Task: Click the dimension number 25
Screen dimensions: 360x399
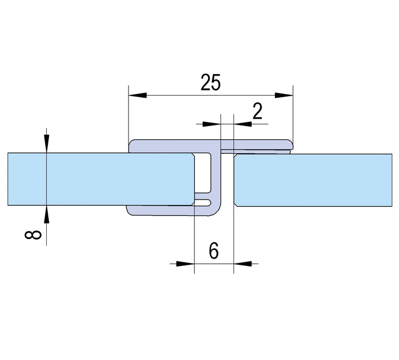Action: pyautogui.click(x=210, y=82)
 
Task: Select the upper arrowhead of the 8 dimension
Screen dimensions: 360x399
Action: pyautogui.click(x=47, y=142)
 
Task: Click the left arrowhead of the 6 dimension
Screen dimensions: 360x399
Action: pyautogui.click(x=185, y=264)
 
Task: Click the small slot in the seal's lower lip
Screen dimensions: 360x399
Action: pyautogui.click(x=204, y=201)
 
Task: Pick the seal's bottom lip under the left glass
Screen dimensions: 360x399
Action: pyautogui.click(x=159, y=210)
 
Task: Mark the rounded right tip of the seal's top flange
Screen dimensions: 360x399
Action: pyautogui.click(x=291, y=146)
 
